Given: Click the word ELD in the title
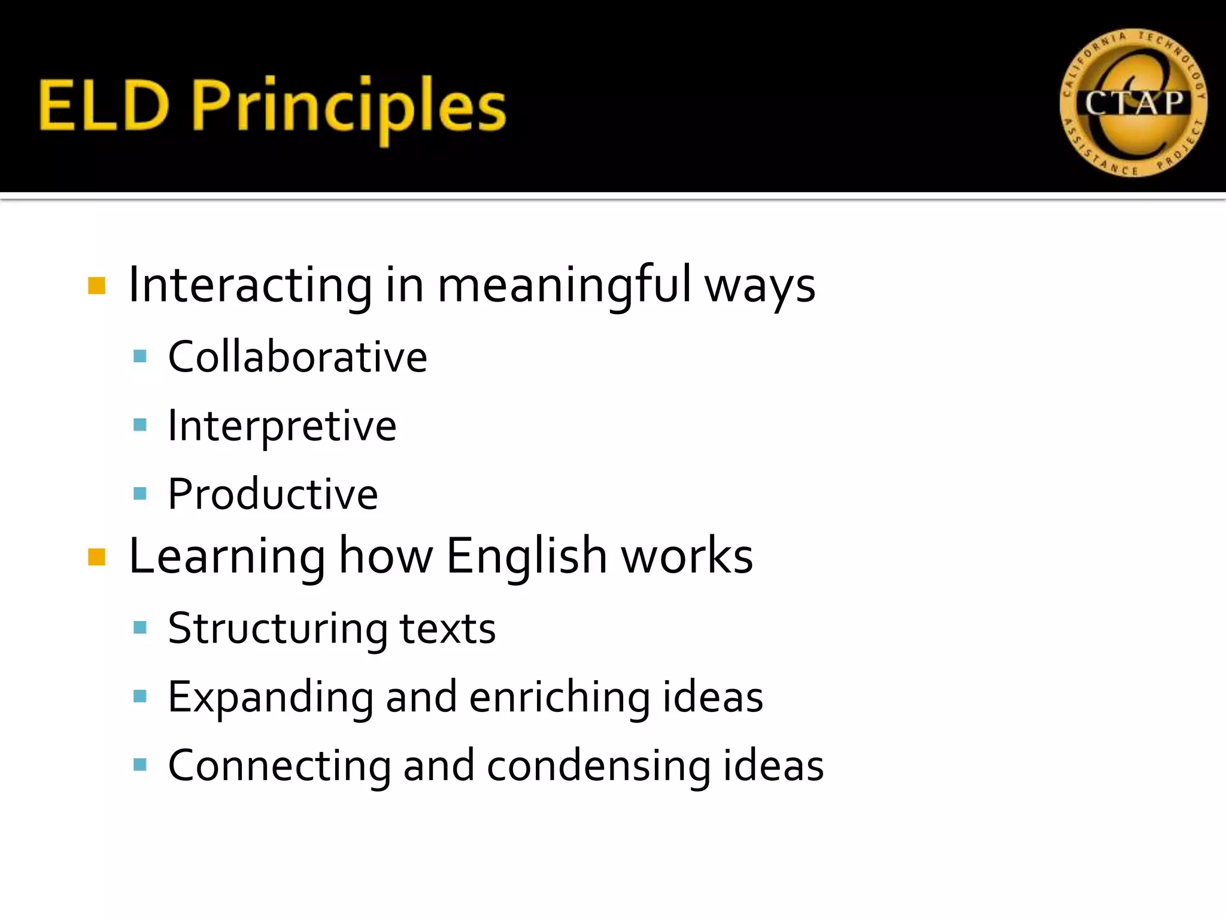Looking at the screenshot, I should click(103, 106).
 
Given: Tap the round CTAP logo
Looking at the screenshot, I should click(1133, 103).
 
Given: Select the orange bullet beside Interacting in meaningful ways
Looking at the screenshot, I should click(96, 286).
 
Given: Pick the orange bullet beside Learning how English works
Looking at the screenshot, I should click(96, 557).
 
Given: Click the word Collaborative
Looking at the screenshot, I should click(298, 357).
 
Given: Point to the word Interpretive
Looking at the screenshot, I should click(282, 426).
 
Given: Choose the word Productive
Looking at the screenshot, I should click(273, 494).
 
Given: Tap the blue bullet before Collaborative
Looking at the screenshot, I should click(140, 357).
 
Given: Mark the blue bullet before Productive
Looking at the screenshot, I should click(140, 494).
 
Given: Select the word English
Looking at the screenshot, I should click(527, 556).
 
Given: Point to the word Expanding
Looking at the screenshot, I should click(271, 698).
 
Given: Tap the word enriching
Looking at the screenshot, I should click(559, 697).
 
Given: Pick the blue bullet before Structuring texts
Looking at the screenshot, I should click(140, 628).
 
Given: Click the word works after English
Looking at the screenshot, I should click(687, 556).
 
